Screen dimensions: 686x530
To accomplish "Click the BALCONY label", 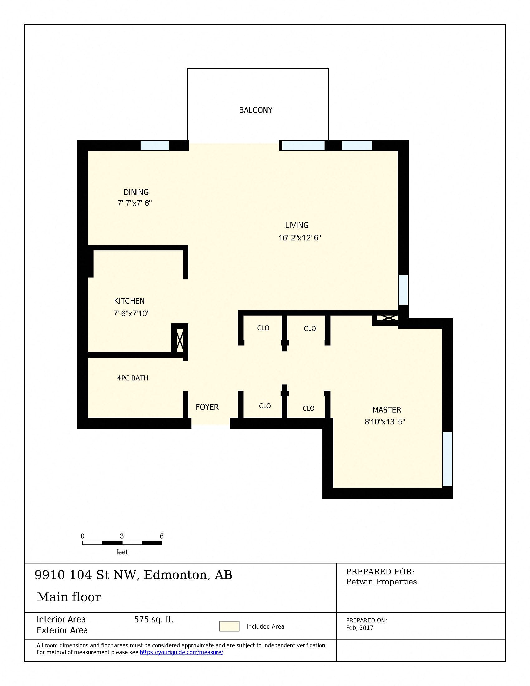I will [x=256, y=110].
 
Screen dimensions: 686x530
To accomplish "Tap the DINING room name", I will [x=136, y=192].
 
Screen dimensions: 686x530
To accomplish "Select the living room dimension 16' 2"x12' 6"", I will [x=300, y=238].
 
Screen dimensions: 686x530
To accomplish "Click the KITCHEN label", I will [x=129, y=301].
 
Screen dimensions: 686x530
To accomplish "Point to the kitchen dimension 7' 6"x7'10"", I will [x=131, y=313].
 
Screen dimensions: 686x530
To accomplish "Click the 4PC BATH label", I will [x=132, y=378].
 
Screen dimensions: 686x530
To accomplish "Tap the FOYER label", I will [x=207, y=407].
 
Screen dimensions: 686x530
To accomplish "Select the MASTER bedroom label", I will [x=387, y=410].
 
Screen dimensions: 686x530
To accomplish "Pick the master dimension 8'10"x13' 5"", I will [x=385, y=422].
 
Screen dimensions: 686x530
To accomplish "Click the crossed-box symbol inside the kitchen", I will [x=180, y=340].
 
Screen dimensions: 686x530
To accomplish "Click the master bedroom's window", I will [x=447, y=459].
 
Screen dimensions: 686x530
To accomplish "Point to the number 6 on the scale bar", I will [x=162, y=536].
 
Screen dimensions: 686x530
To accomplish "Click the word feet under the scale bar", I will [x=122, y=552].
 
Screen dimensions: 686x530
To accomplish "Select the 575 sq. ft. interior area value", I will [x=153, y=619].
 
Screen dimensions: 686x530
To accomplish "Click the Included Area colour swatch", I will [x=229, y=626].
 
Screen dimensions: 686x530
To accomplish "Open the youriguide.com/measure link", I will [x=181, y=652].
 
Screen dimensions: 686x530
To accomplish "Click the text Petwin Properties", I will [x=381, y=582].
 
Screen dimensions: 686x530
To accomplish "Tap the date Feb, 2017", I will [x=359, y=628].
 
